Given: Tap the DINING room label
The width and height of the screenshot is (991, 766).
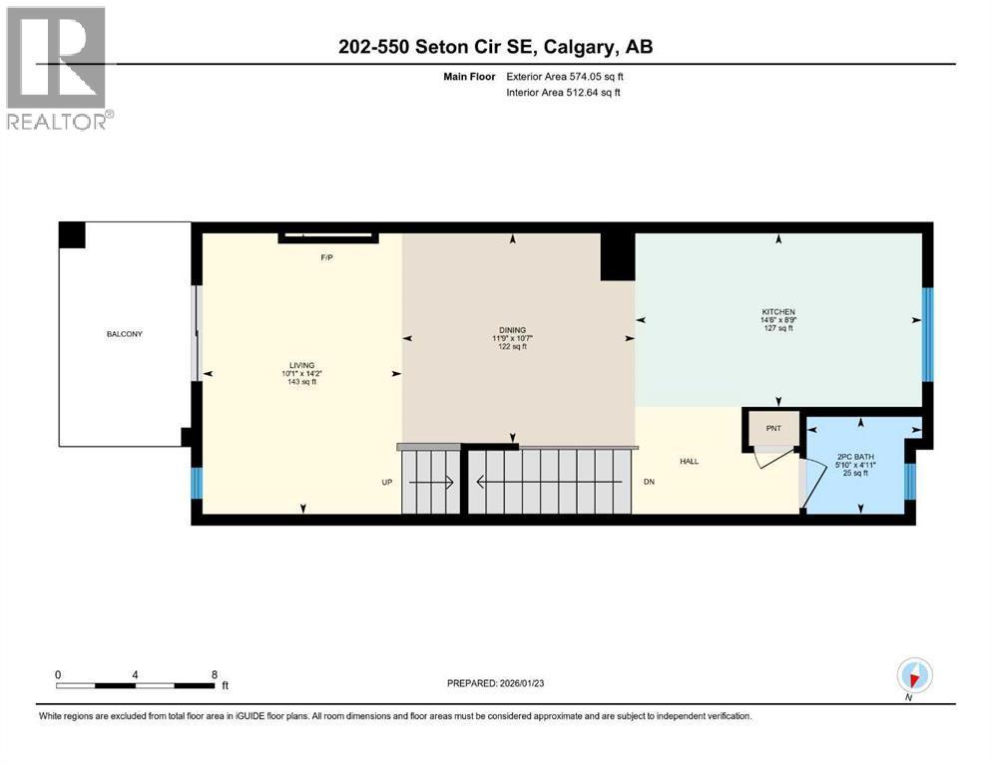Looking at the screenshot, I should pyautogui.click(x=513, y=330).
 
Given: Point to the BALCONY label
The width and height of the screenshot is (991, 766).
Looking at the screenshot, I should pyautogui.click(x=125, y=334).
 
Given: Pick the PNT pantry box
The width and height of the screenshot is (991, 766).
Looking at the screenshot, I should pyautogui.click(x=772, y=428).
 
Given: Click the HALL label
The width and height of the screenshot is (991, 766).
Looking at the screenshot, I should pyautogui.click(x=689, y=461).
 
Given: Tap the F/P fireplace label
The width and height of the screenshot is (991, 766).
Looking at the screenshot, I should pyautogui.click(x=325, y=257).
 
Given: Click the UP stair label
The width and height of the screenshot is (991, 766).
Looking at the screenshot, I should pyautogui.click(x=386, y=482).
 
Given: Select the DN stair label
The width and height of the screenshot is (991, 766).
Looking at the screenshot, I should pyautogui.click(x=649, y=482).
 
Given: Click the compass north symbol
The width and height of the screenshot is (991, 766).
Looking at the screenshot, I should pyautogui.click(x=914, y=676).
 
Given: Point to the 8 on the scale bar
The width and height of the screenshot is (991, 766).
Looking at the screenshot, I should pyautogui.click(x=215, y=674).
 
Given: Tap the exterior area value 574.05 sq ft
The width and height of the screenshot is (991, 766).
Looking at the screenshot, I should pyautogui.click(x=596, y=76).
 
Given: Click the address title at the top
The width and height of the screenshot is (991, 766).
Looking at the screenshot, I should pyautogui.click(x=495, y=47).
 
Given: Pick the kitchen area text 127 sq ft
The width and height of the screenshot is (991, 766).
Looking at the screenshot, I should pyautogui.click(x=777, y=328).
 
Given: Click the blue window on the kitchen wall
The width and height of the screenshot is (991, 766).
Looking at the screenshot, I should pyautogui.click(x=926, y=334).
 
